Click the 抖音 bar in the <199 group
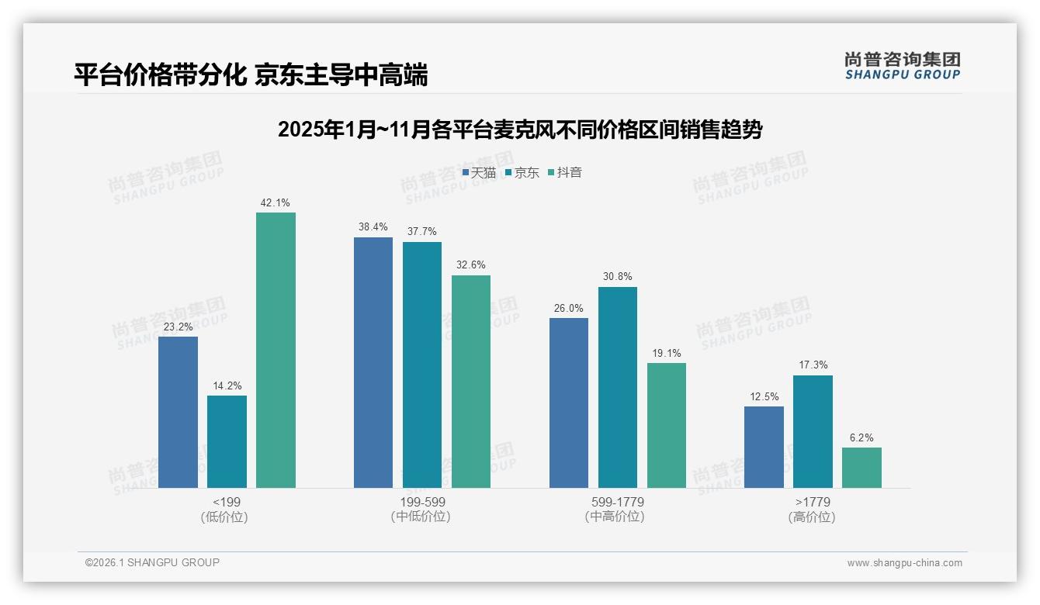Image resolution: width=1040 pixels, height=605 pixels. pyautogui.click(x=276, y=350)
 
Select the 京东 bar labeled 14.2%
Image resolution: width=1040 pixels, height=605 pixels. pyautogui.click(x=227, y=441)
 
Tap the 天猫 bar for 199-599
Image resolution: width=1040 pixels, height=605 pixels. pyautogui.click(x=373, y=362)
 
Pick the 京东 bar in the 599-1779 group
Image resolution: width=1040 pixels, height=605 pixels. pyautogui.click(x=617, y=387)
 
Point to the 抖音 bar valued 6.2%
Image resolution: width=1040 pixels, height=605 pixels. pyautogui.click(x=861, y=467)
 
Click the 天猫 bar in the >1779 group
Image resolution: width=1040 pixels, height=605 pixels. pyautogui.click(x=764, y=447)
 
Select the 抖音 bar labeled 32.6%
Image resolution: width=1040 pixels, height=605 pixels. pyautogui.click(x=471, y=381)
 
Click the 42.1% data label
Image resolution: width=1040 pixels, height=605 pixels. pyautogui.click(x=276, y=203)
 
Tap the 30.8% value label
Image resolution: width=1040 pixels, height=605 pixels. pyautogui.click(x=617, y=277)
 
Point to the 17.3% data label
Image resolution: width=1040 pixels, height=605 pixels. pyautogui.click(x=813, y=365)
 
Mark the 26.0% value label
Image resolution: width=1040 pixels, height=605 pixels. pyautogui.click(x=568, y=309)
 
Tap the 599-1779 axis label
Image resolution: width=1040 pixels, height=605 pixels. pyautogui.click(x=617, y=502)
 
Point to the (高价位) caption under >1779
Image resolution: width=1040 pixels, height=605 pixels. pyautogui.click(x=812, y=517)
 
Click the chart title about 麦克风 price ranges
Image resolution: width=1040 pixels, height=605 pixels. pyautogui.click(x=520, y=130)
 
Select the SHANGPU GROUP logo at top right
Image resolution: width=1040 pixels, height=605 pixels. pyautogui.click(x=902, y=66)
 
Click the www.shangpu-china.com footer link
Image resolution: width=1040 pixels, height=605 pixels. pyautogui.click(x=904, y=563)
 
